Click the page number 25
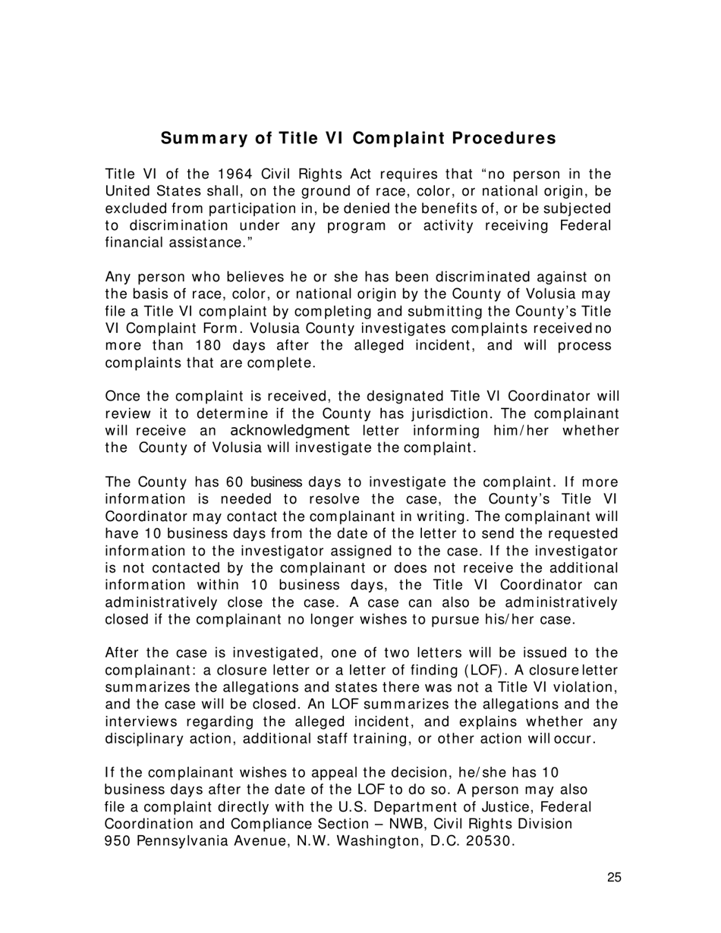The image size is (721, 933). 614,878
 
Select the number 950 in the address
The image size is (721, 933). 118,841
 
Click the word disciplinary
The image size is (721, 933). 144,739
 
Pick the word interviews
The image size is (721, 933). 143,721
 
